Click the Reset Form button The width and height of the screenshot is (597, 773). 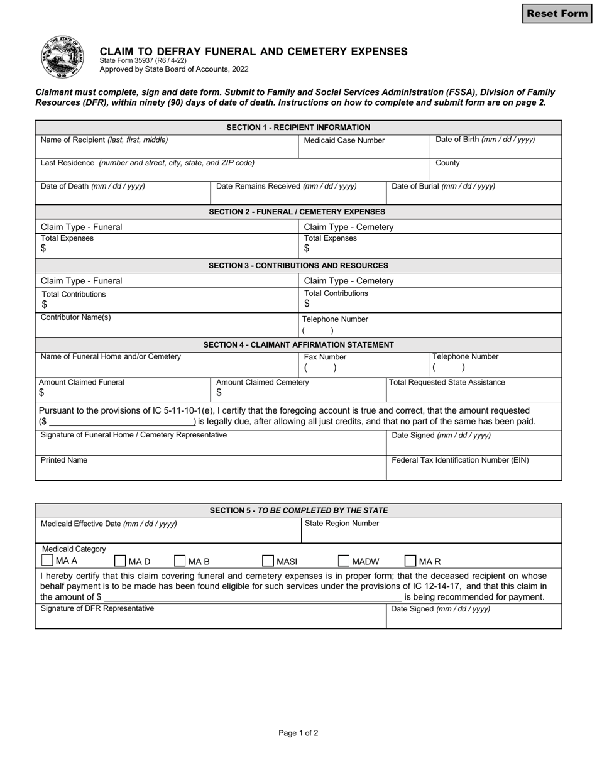(x=557, y=14)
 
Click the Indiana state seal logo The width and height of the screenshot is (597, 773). (x=62, y=57)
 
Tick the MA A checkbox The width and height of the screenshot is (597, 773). (x=47, y=561)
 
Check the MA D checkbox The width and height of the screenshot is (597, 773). (x=120, y=561)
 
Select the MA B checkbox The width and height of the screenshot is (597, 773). (x=180, y=561)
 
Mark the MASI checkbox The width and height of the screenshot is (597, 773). (x=268, y=561)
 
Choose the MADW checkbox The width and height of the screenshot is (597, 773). (x=344, y=561)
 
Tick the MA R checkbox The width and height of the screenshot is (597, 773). (x=410, y=561)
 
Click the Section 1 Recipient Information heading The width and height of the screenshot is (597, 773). (x=298, y=128)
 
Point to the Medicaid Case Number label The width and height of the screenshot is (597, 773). (x=344, y=140)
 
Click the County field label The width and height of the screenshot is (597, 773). (x=447, y=163)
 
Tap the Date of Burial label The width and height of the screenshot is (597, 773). (x=443, y=186)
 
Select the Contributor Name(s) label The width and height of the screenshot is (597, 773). (x=75, y=317)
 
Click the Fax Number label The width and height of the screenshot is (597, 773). (x=325, y=357)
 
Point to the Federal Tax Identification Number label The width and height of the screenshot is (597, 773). (x=460, y=460)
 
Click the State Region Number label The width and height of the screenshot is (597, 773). (x=342, y=523)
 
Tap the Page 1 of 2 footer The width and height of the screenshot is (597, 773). (x=298, y=733)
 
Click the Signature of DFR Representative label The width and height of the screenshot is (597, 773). (x=97, y=608)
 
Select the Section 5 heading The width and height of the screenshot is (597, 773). (x=298, y=510)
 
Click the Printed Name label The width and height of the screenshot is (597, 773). (x=64, y=460)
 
